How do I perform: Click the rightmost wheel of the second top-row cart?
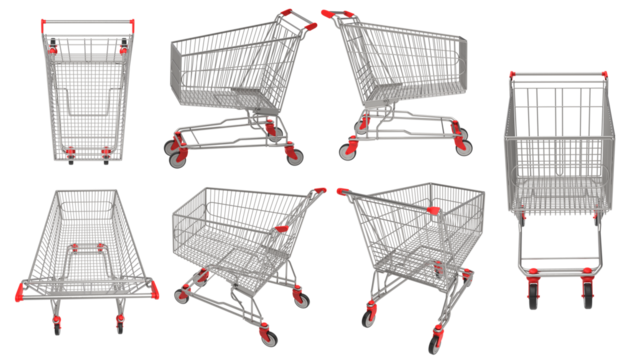tap(292, 154)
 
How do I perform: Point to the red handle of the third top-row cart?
tap(338, 15)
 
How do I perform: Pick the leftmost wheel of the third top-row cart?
tap(348, 152)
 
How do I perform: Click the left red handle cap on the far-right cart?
tap(512, 75)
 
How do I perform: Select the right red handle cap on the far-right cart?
tap(603, 75)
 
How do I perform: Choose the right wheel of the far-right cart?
tap(586, 290)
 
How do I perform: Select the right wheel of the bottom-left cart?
tap(120, 326)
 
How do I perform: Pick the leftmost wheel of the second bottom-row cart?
tap(182, 296)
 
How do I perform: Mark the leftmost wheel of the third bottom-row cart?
tap(368, 316)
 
